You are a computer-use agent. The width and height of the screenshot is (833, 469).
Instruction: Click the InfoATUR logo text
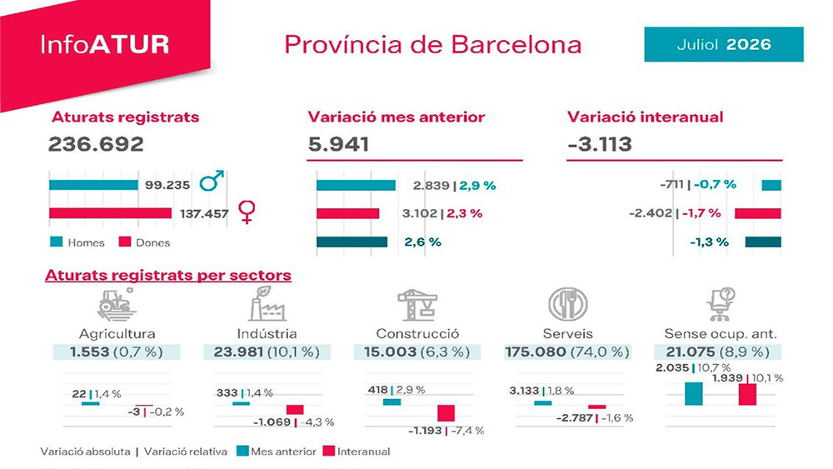(x=105, y=45)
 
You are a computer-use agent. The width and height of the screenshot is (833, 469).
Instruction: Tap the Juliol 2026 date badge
(x=724, y=44)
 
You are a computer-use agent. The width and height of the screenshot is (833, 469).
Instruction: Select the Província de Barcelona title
(x=432, y=45)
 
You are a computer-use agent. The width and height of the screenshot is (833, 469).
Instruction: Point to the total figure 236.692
(x=96, y=144)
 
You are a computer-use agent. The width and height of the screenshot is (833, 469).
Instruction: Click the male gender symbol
(x=212, y=181)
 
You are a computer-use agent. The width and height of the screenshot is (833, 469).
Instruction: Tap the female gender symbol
(x=247, y=212)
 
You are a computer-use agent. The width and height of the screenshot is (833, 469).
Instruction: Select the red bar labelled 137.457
(x=111, y=213)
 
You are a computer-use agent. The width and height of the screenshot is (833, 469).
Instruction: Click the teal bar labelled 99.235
(x=93, y=185)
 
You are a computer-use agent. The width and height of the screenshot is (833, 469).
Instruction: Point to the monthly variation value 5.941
(x=338, y=144)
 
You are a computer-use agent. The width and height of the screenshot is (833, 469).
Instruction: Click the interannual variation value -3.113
(x=600, y=144)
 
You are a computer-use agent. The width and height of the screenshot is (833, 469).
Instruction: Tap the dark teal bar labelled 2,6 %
(x=352, y=242)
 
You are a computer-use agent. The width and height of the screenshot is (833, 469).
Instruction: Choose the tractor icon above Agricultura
(x=117, y=304)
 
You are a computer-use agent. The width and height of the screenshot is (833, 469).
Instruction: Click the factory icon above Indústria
(x=267, y=303)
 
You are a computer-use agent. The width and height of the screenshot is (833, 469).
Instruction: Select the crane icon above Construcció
(x=417, y=304)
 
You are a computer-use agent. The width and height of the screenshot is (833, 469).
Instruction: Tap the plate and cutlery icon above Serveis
(x=568, y=304)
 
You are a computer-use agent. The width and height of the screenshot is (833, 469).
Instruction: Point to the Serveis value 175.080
(x=536, y=352)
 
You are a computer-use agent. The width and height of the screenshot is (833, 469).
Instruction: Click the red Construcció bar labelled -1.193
(x=446, y=413)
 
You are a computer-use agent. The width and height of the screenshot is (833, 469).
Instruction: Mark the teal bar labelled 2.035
(x=694, y=393)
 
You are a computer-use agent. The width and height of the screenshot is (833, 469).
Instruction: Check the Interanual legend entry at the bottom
(x=357, y=451)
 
